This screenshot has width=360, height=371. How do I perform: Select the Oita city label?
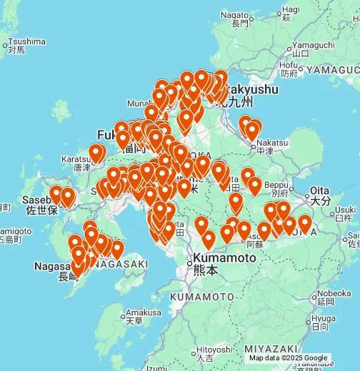tap(321, 192)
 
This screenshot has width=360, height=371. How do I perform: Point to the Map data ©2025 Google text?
tap(288, 358)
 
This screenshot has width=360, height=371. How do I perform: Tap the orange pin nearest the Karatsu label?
tap(96, 151)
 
